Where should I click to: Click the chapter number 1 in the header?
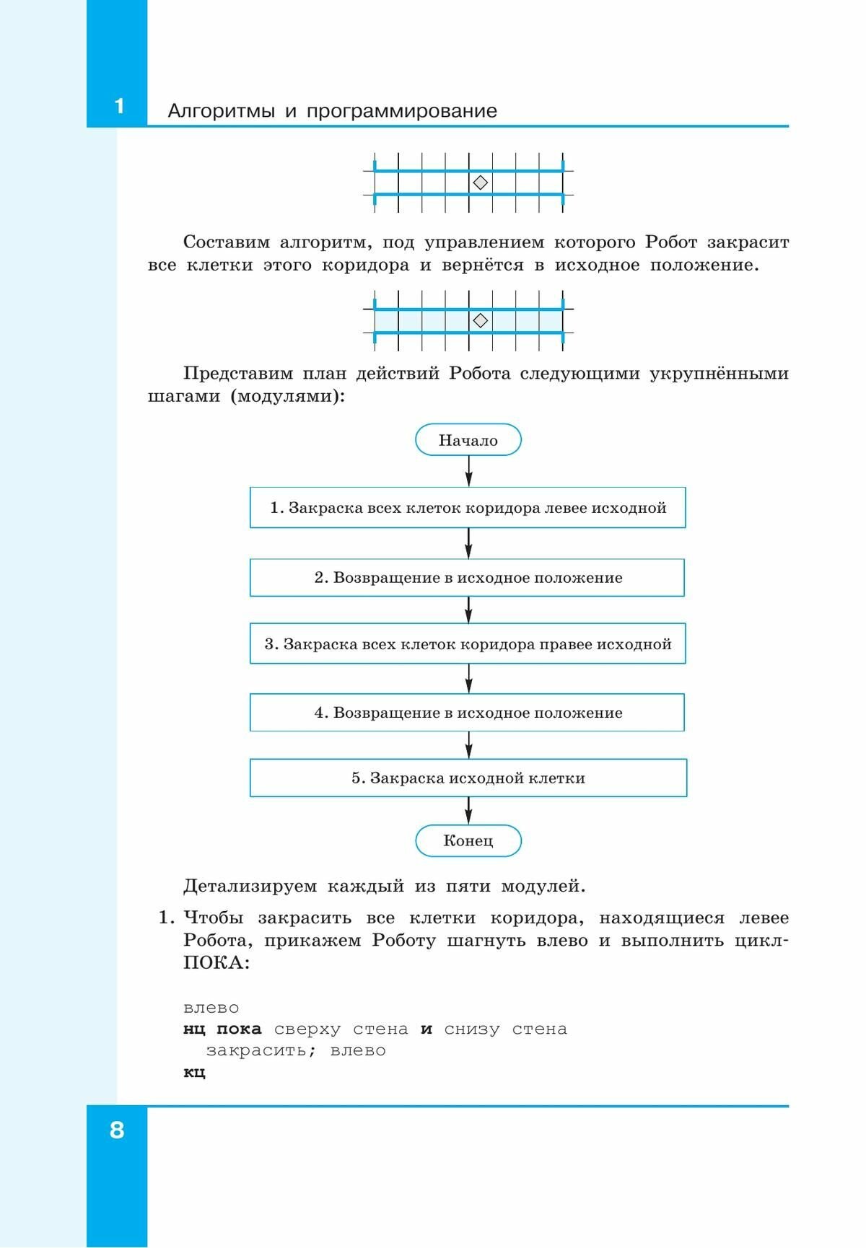[119, 107]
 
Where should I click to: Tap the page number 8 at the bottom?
[117, 1129]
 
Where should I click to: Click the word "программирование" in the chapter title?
[402, 111]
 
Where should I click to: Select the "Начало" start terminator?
[468, 440]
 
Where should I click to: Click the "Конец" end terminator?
[468, 840]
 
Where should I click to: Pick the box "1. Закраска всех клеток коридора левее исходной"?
[468, 508]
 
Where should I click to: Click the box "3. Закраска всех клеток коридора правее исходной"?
[468, 644]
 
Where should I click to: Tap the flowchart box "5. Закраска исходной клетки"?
[468, 778]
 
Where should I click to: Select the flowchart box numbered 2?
[468, 578]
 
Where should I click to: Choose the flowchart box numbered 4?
[468, 713]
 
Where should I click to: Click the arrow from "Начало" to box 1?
[469, 471]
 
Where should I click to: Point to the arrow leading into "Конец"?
[469, 811]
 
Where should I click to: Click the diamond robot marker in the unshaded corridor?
[480, 183]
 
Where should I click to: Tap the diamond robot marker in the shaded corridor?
[480, 320]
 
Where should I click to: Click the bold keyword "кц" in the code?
[194, 1072]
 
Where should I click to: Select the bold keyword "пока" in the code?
[239, 1029]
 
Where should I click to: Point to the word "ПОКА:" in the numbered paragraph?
[216, 963]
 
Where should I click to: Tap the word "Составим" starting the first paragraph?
[226, 242]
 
